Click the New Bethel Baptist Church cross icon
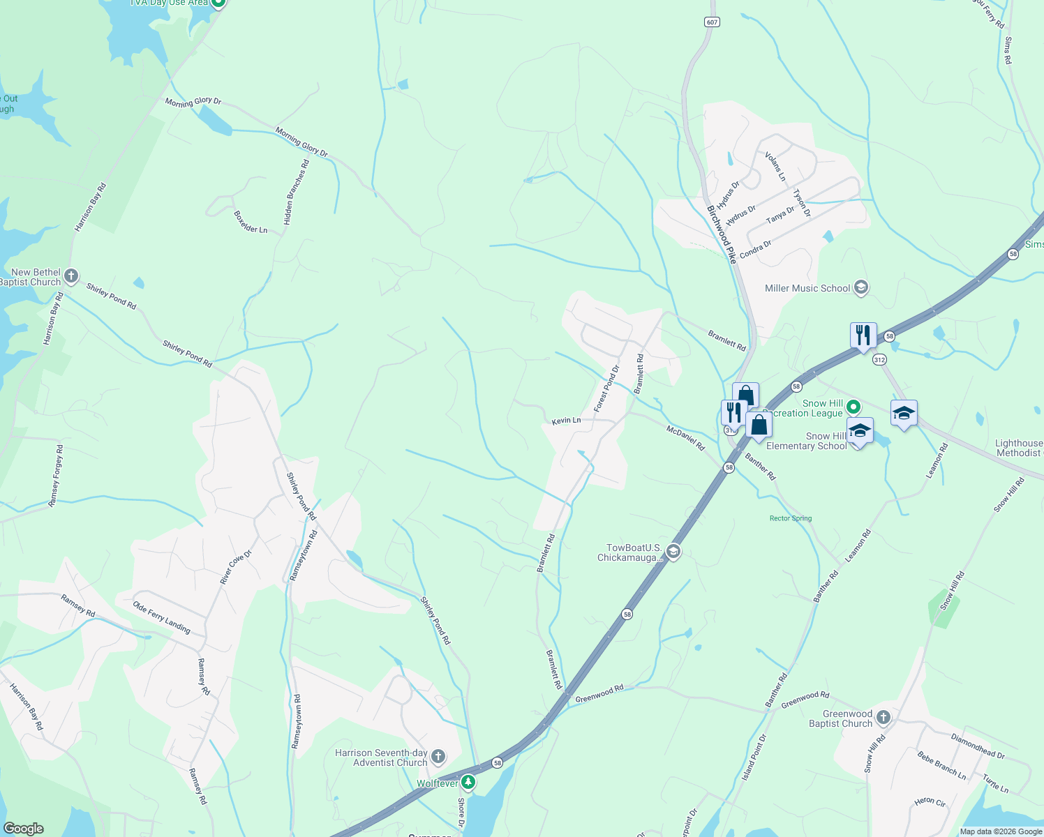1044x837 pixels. [x=71, y=276]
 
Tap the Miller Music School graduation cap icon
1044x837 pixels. [x=861, y=287]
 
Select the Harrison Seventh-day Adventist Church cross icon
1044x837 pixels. [x=438, y=757]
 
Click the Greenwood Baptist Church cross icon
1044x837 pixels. [x=883, y=718]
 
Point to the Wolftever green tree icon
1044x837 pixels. [x=468, y=783]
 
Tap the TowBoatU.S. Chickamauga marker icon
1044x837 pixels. [x=673, y=552]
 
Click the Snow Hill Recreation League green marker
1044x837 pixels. [x=853, y=407]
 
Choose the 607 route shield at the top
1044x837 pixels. [x=711, y=22]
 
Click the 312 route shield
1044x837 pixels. [x=879, y=360]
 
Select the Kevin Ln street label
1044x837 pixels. [x=566, y=421]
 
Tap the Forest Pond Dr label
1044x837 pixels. [x=606, y=388]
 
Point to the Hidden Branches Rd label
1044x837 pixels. [x=296, y=193]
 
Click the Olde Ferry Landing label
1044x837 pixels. [x=161, y=617]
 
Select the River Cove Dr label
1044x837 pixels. [x=235, y=567]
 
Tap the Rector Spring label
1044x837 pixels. [x=791, y=518]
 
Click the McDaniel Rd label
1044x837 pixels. [x=685, y=437]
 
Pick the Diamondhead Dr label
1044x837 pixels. [x=977, y=746]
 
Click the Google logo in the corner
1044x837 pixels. [x=23, y=829]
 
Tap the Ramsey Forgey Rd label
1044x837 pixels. [x=55, y=476]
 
